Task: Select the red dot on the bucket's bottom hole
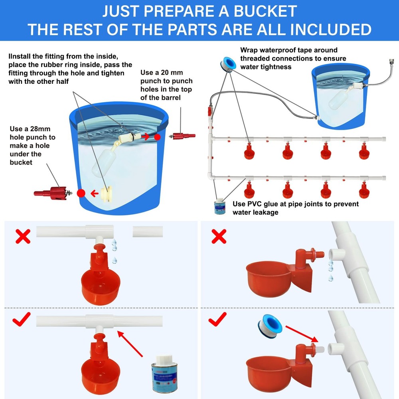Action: coord(81,194)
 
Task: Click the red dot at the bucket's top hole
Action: coord(157,137)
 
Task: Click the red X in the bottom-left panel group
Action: coord(23,237)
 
